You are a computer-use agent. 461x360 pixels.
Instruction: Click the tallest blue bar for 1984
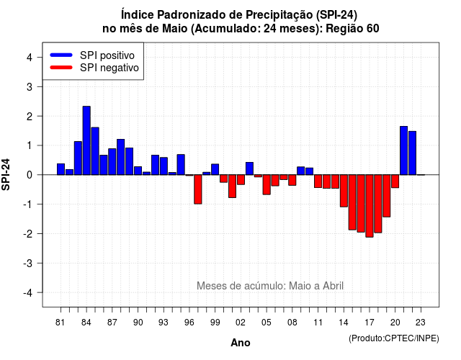coord(86,140)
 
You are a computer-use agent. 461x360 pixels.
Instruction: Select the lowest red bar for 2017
coord(370,206)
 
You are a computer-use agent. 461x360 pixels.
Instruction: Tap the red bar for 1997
coord(198,189)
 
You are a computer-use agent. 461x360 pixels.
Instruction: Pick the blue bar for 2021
coord(403,150)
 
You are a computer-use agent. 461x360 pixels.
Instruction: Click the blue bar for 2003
coord(249,168)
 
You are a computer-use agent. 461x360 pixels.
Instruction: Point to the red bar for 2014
coord(344,191)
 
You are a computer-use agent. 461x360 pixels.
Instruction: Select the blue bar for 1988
coord(121,157)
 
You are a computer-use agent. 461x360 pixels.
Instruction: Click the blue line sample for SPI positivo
coord(61,55)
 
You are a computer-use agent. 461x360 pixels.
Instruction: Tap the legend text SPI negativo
coord(109,68)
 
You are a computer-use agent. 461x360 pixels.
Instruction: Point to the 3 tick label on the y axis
coord(30,86)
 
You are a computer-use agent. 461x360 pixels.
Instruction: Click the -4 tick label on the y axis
coord(28,293)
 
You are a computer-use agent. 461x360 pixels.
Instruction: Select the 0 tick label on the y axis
coord(30,175)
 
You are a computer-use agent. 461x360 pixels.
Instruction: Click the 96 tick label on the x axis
coord(189,323)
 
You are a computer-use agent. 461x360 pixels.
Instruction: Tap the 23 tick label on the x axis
coord(421,323)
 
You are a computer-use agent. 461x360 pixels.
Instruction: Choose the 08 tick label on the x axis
coord(292,323)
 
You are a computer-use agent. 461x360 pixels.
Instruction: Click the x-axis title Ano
coord(241,343)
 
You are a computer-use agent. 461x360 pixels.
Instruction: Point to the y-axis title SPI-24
coord(6,174)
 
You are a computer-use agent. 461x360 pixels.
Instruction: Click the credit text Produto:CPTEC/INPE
coord(394,338)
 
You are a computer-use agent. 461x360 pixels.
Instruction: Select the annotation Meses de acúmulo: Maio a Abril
coord(270,286)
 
